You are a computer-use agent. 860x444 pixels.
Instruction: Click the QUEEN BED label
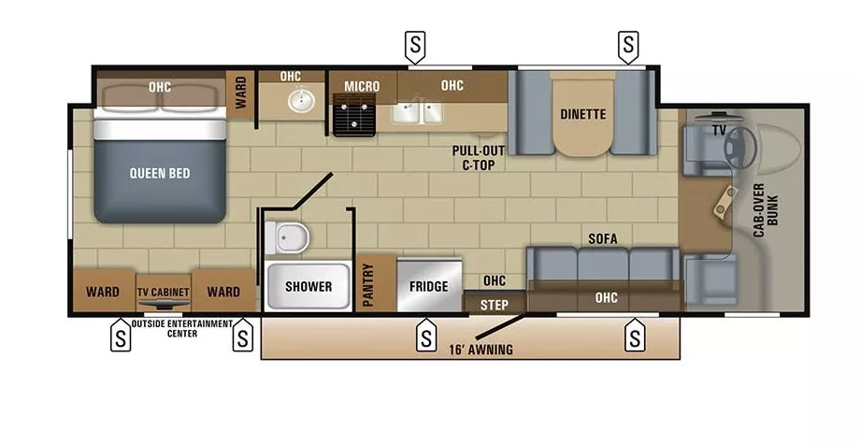(160, 172)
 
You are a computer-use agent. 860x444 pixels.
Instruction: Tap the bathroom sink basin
(301, 100)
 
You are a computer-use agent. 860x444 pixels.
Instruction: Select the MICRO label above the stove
(362, 87)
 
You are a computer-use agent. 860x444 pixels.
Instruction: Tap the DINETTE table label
(583, 115)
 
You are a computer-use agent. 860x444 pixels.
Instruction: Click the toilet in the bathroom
(288, 238)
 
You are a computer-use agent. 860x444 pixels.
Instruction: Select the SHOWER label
(308, 286)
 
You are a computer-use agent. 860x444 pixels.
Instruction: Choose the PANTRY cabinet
(366, 284)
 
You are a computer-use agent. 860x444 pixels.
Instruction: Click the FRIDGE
(429, 286)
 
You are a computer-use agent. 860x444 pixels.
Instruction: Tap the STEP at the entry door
(494, 305)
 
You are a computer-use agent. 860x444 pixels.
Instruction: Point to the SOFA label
(603, 238)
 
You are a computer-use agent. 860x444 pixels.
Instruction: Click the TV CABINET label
(165, 292)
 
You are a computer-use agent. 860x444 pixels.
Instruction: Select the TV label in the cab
(719, 130)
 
